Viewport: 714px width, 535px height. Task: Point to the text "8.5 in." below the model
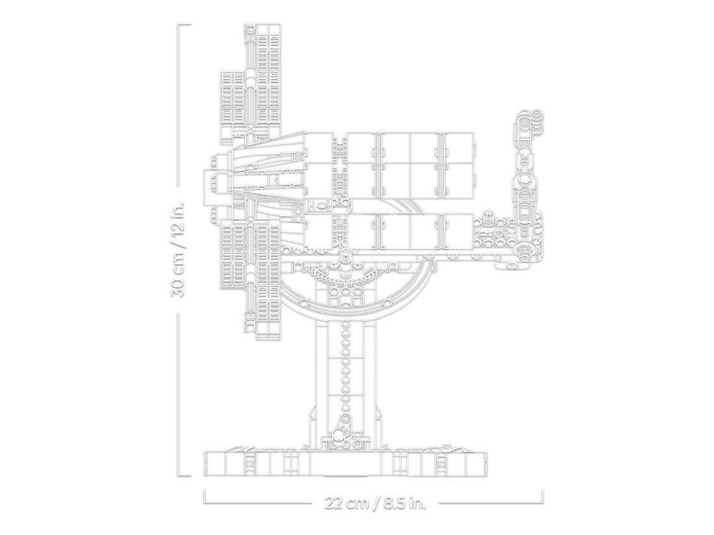[404, 504]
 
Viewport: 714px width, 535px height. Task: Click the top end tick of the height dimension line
[184, 25]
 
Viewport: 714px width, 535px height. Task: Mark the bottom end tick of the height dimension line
[184, 475]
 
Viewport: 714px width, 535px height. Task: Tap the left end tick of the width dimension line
[204, 496]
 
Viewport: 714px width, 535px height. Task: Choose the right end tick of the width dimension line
[543, 496]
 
